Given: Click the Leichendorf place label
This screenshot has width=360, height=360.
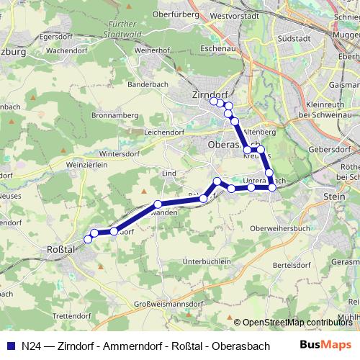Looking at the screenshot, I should [164, 132].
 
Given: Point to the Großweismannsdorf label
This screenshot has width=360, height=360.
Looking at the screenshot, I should [169, 305].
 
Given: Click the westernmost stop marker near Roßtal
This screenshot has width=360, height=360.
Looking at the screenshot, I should [88, 239].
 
